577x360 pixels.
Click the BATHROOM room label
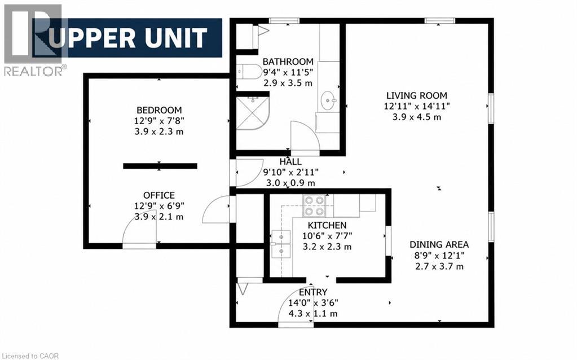click(x=288, y=61)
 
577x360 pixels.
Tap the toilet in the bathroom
click(x=244, y=72)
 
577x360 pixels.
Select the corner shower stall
click(x=253, y=113)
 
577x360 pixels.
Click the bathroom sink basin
click(x=328, y=100)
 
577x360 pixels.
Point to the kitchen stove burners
click(x=314, y=205)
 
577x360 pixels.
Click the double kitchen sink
click(x=280, y=244)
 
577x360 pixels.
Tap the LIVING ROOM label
click(x=417, y=95)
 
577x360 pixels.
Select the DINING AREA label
click(x=439, y=244)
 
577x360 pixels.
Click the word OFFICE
click(x=159, y=195)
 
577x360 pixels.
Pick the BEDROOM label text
click(x=159, y=110)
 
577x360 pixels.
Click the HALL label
click(x=290, y=161)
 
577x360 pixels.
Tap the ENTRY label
click(x=313, y=292)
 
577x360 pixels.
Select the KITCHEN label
click(x=327, y=225)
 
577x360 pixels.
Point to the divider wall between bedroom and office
click(x=160, y=166)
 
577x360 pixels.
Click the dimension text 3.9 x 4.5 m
click(x=417, y=117)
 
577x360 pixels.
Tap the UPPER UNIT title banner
click(x=127, y=38)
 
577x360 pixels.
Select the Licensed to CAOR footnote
click(x=29, y=356)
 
